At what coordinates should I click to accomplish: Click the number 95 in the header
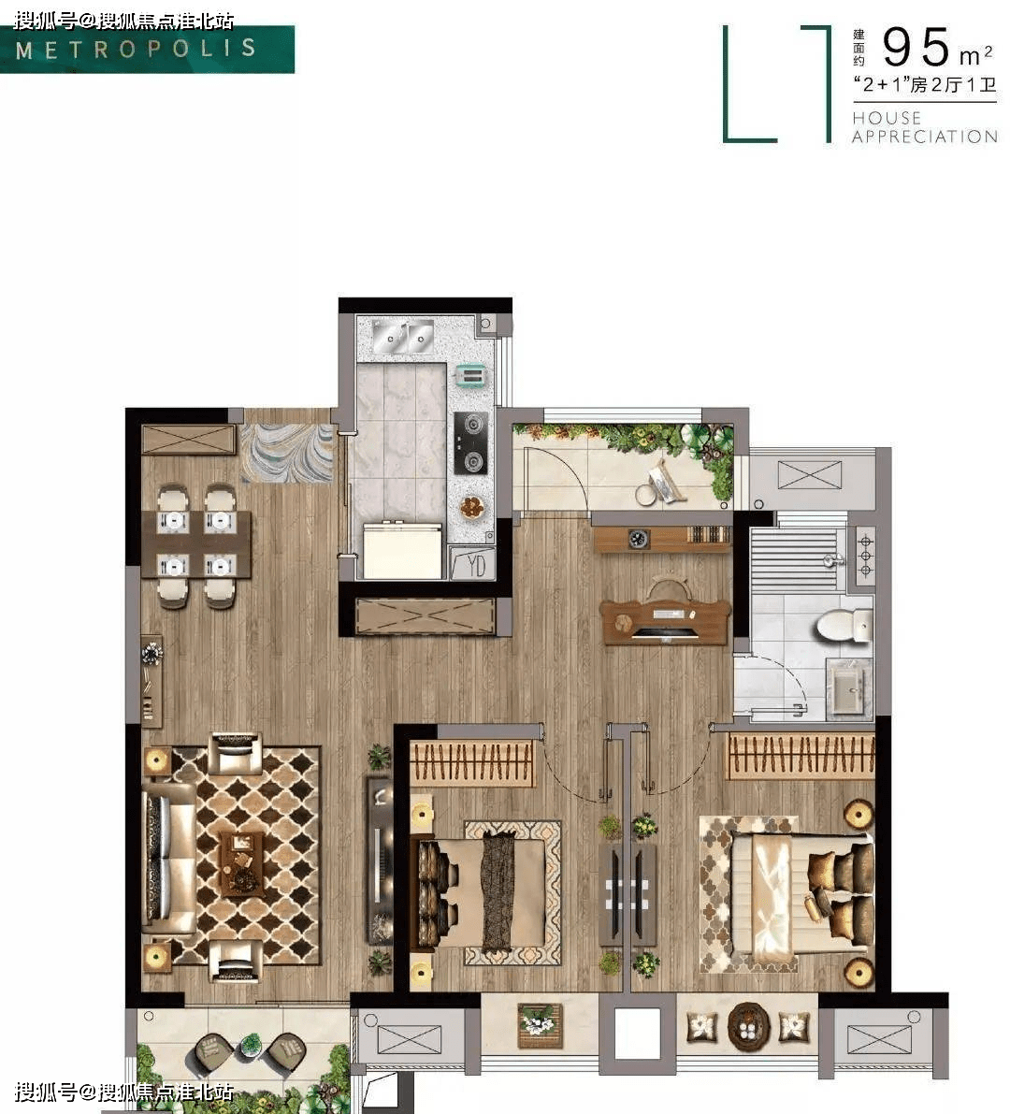[916, 47]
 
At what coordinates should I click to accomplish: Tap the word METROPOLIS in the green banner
[136, 49]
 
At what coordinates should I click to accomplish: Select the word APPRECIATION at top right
[924, 137]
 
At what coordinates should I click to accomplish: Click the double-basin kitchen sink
[403, 337]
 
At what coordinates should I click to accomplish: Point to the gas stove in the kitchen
[471, 443]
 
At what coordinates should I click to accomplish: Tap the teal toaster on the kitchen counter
[469, 374]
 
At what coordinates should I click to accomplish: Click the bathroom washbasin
[848, 687]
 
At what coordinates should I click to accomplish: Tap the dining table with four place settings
[196, 544]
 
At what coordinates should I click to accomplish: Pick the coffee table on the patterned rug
[242, 863]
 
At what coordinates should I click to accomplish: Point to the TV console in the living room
[380, 861]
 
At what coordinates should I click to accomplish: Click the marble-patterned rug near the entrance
[287, 454]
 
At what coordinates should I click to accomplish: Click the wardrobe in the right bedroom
[800, 756]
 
